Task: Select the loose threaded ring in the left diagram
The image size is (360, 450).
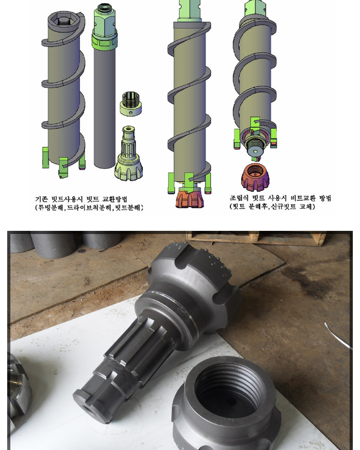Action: (x=130, y=103)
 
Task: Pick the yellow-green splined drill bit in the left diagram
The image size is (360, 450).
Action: (x=129, y=153)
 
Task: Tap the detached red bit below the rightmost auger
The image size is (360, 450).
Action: (x=255, y=177)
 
